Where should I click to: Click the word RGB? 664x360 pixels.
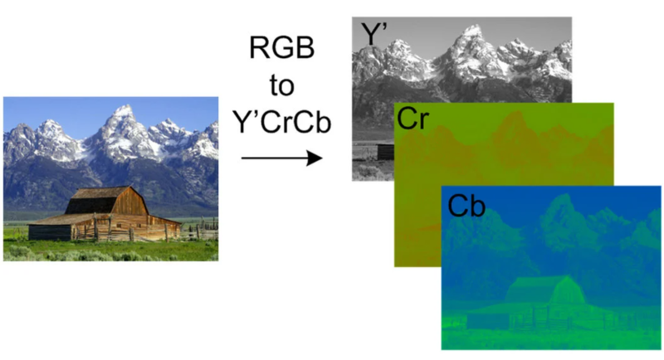point(281,47)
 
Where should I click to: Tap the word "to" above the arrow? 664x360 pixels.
point(281,85)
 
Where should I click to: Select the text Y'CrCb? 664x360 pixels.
point(281,122)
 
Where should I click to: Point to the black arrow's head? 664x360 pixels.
point(315,158)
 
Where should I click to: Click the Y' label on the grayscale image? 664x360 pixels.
point(374,33)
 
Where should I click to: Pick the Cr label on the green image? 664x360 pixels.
point(413,119)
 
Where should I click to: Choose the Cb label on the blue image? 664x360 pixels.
point(466,206)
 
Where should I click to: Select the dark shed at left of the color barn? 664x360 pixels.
point(50,232)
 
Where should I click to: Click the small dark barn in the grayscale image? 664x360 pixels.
point(385,152)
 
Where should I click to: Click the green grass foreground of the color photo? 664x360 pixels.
point(111,251)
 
